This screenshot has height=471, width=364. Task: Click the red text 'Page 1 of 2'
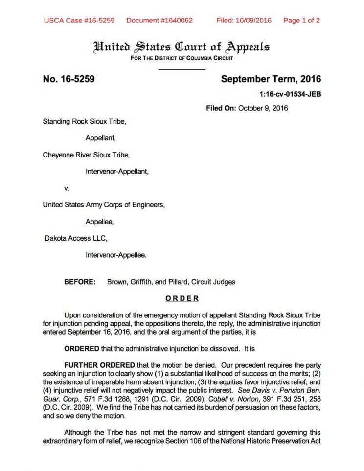tap(301, 21)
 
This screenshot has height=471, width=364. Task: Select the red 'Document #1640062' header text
tap(159, 21)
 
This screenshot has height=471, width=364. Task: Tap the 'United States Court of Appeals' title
tap(182, 47)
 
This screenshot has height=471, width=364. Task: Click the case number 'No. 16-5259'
tap(68, 79)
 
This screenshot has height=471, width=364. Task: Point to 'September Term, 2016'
tap(271, 79)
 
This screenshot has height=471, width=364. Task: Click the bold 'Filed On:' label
tap(221, 108)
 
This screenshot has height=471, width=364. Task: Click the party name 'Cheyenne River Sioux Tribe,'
tap(87, 155)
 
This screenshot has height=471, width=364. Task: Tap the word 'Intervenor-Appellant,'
tap(117, 172)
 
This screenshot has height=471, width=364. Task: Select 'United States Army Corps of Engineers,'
tap(104, 205)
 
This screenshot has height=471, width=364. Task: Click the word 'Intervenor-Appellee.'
tap(116, 255)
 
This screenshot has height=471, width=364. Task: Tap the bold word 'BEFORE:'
tap(80, 282)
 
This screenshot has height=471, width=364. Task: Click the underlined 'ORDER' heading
tap(182, 299)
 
